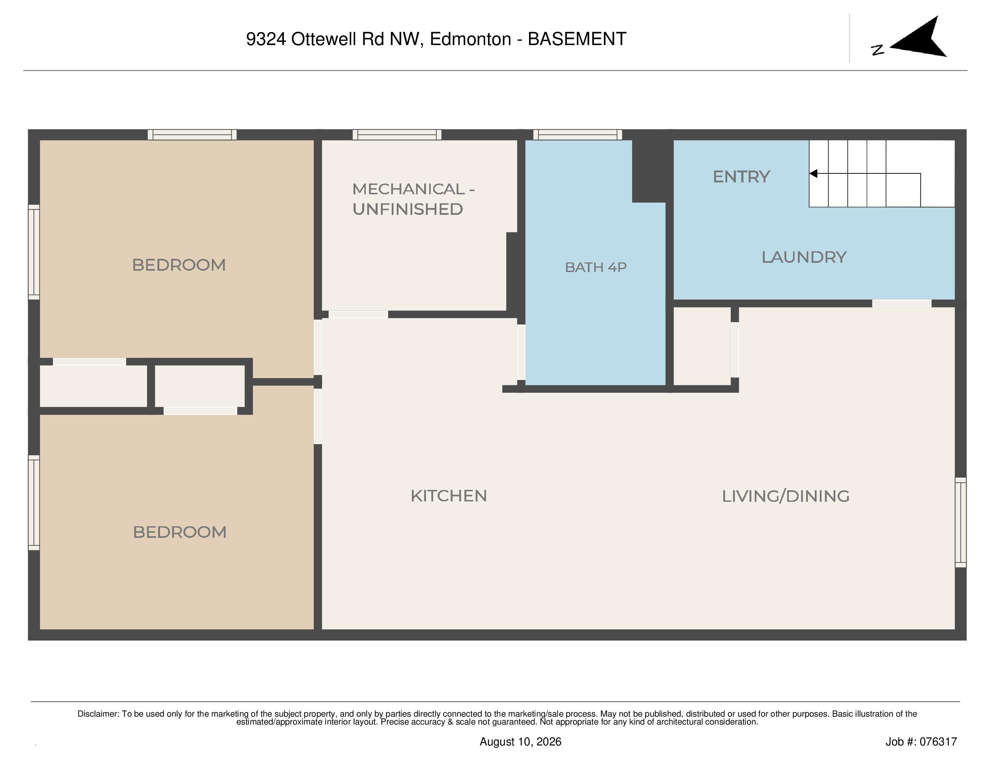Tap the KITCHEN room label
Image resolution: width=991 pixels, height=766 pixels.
point(449,496)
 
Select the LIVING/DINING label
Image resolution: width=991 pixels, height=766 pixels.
point(786,496)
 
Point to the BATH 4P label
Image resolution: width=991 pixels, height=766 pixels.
point(596,267)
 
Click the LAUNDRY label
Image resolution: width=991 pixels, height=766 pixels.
point(804,257)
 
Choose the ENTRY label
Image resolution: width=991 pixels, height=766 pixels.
point(741,177)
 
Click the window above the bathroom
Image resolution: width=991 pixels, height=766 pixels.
point(577,134)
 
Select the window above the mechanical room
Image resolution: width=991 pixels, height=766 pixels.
point(397,134)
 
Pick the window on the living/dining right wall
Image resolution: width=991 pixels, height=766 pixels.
point(961,522)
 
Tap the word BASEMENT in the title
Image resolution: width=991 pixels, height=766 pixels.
point(577,39)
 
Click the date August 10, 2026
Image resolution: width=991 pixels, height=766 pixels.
point(520,741)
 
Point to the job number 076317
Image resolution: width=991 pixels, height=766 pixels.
point(938,741)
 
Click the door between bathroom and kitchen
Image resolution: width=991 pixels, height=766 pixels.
point(521,352)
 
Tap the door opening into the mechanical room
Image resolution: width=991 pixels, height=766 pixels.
point(358,314)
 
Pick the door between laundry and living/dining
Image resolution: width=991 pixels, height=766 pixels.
point(902,303)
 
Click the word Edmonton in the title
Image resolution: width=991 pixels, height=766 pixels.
point(471,39)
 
